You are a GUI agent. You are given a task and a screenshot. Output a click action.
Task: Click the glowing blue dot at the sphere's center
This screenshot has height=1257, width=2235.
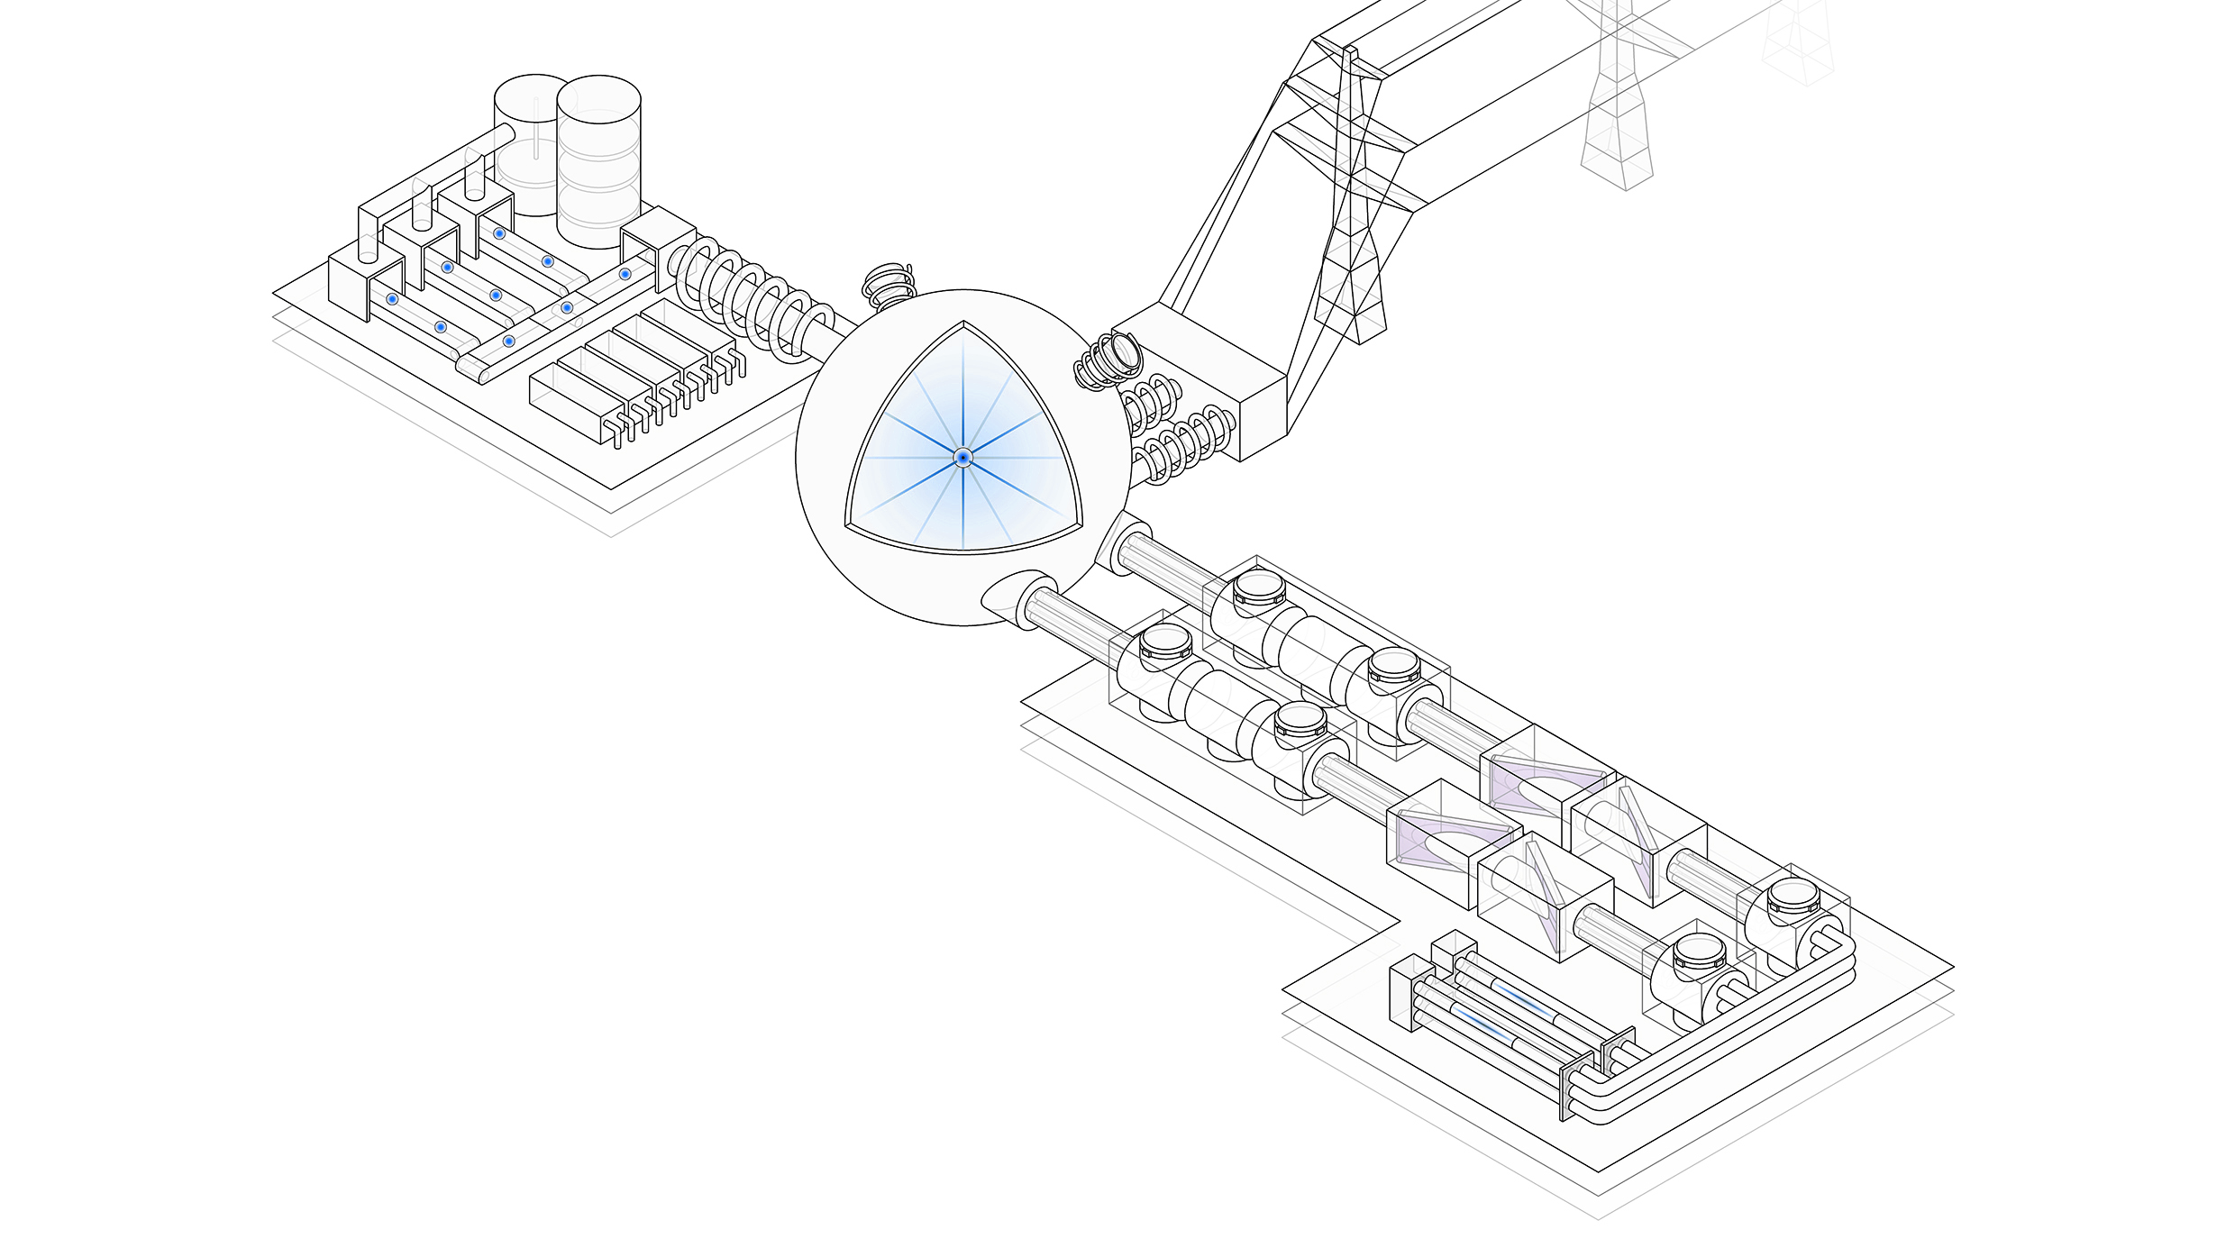point(962,458)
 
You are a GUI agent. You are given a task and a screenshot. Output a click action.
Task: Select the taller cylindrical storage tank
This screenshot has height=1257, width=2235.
point(598,162)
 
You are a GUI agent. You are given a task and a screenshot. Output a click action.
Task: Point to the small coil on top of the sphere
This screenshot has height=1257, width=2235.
point(888,285)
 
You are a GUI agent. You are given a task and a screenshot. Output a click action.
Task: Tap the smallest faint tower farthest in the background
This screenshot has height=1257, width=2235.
point(1798,45)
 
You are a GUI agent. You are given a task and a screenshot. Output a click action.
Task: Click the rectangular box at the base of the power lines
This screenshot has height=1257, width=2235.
point(1199,378)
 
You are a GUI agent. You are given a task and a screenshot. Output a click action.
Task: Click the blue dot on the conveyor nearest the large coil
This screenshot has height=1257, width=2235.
point(625,274)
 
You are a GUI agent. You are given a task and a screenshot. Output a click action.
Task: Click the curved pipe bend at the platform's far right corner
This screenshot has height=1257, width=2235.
point(1834,955)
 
